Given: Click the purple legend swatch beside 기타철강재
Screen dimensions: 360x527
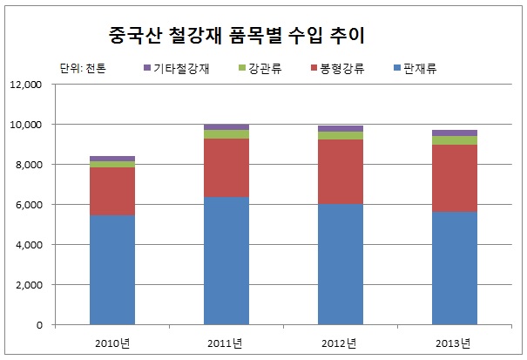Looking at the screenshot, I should [148, 67].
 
